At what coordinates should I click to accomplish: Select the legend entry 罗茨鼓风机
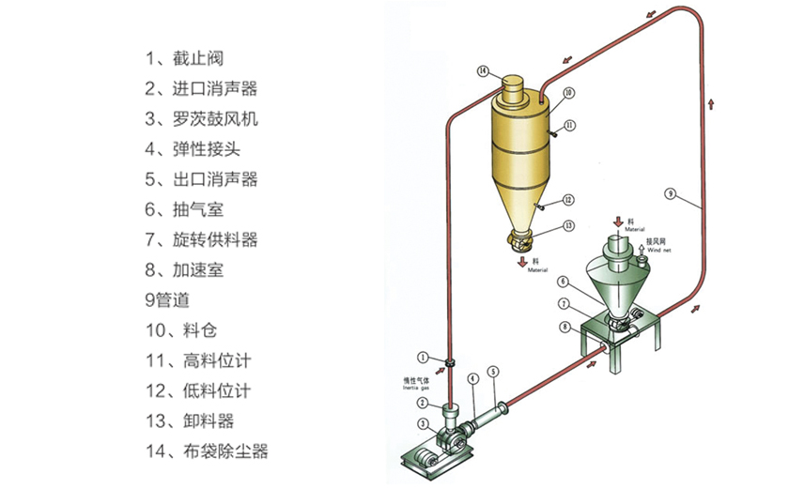click(202, 119)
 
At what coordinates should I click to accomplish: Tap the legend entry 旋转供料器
click(202, 239)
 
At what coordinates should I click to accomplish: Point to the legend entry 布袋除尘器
click(208, 451)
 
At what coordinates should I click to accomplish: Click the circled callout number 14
click(483, 70)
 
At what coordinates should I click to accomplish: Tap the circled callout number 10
click(569, 93)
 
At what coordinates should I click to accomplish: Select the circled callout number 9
click(670, 193)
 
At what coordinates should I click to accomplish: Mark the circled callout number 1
click(425, 357)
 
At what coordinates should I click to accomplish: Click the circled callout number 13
click(569, 226)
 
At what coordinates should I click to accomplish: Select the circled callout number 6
click(563, 282)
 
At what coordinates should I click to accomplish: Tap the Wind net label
click(658, 250)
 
